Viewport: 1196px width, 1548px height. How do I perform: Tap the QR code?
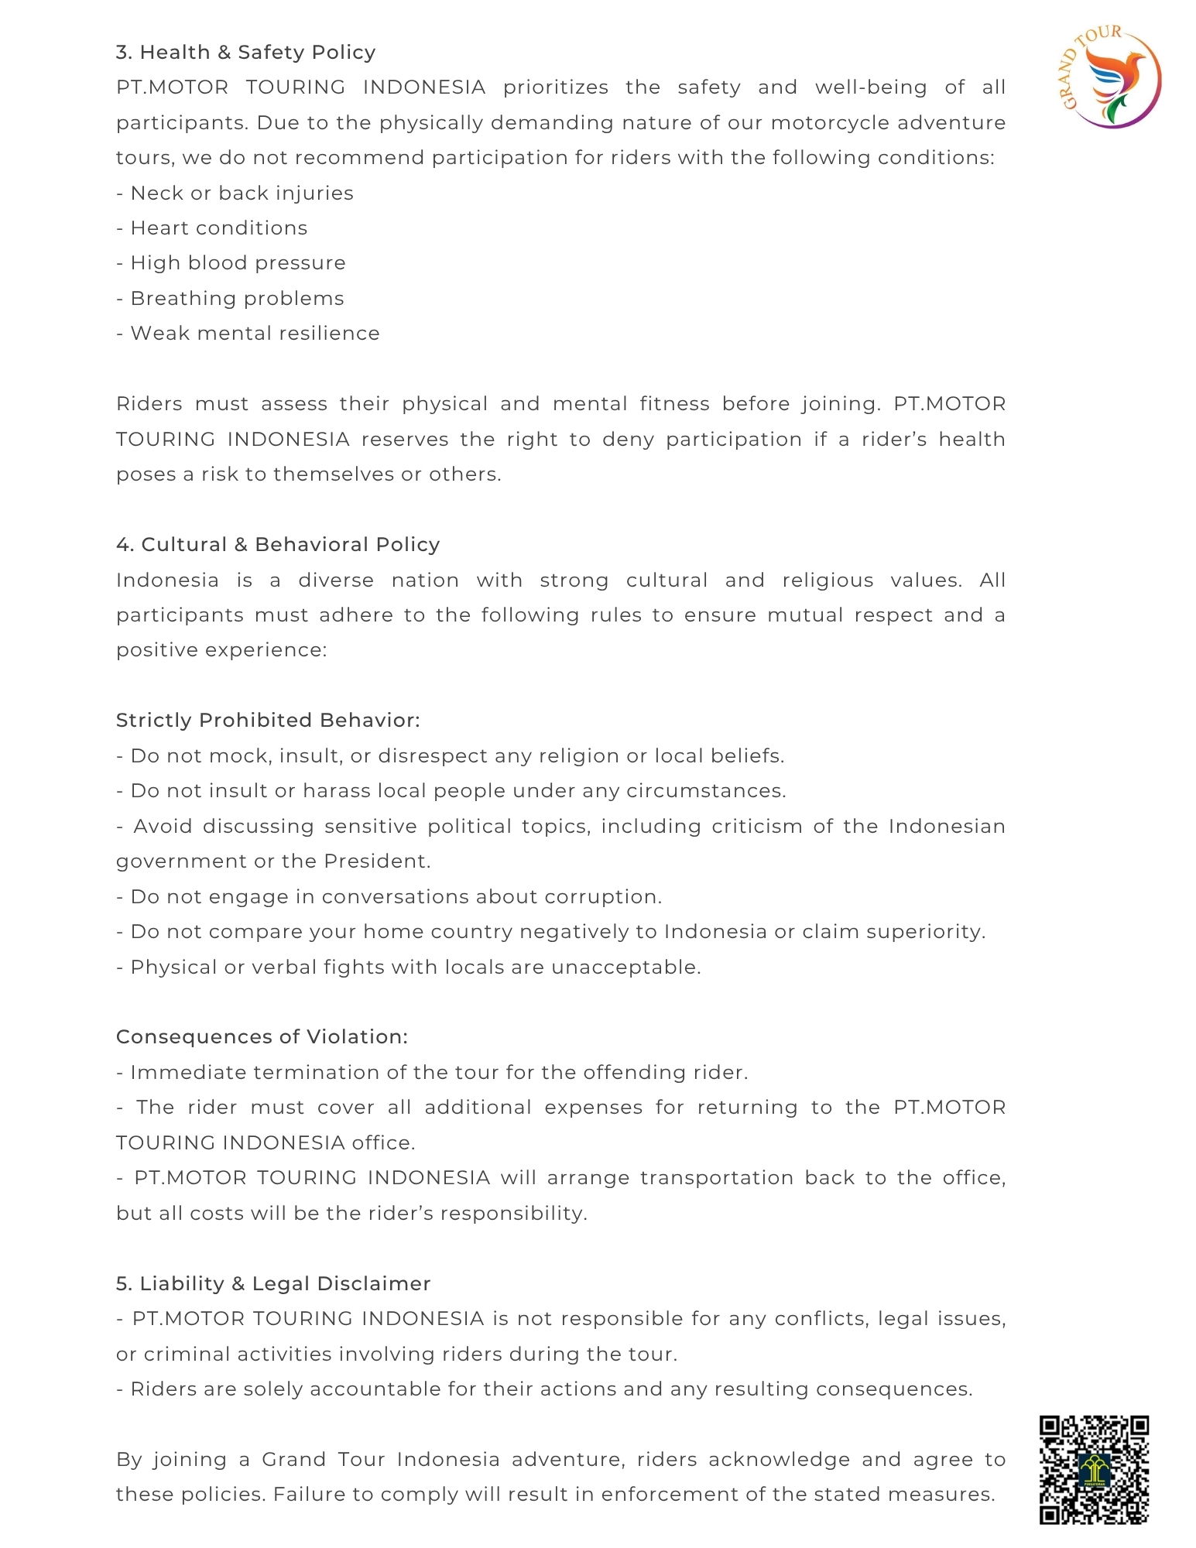tap(1093, 1469)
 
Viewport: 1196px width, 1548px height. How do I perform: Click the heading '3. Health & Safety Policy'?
tap(245, 52)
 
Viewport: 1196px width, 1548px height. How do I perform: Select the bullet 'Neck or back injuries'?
tap(242, 193)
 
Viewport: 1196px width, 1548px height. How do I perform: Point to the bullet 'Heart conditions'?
tap(218, 228)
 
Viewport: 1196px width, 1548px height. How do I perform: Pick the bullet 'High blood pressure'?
tap(238, 262)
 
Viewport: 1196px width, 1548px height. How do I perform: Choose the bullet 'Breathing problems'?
tap(237, 298)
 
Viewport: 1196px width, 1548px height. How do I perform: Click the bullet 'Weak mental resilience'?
tap(255, 333)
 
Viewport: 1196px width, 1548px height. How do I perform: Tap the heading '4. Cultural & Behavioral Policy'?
tap(278, 544)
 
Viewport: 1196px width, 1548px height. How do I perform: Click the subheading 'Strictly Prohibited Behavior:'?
tap(268, 720)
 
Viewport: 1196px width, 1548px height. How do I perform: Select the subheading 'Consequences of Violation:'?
tap(262, 1036)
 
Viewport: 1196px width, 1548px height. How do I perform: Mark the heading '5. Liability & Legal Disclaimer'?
tap(273, 1283)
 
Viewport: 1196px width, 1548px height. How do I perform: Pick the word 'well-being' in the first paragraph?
tap(871, 87)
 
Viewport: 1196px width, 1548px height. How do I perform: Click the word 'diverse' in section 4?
tap(336, 580)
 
